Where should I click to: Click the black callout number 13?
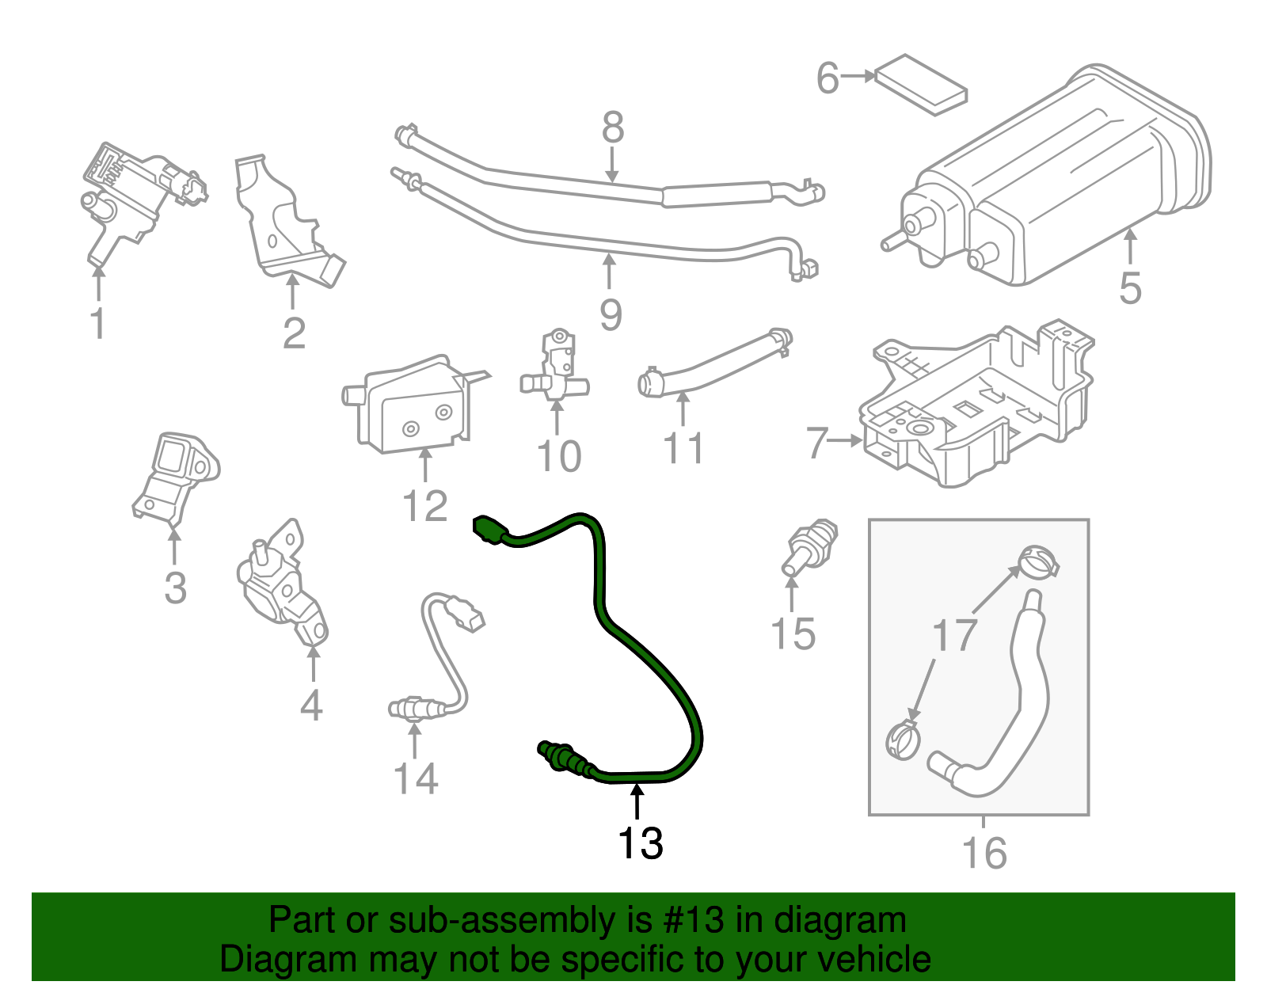pos(640,843)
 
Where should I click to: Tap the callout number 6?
pos(828,78)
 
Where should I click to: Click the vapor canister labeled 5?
pos(1061,182)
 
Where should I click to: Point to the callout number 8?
pos(613,127)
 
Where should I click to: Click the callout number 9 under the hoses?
pos(611,315)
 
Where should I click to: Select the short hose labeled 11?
pos(713,366)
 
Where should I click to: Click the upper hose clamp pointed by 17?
pos(1038,563)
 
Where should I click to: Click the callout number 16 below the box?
pos(984,853)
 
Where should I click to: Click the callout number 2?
pos(294,333)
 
